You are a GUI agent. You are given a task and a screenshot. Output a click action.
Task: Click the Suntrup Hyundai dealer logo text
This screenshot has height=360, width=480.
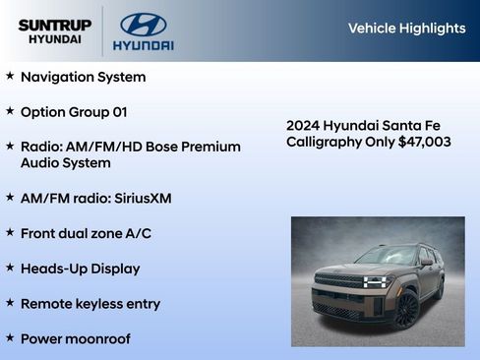pos(54,30)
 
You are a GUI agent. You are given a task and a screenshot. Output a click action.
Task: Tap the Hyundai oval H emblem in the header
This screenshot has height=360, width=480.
pos(144,24)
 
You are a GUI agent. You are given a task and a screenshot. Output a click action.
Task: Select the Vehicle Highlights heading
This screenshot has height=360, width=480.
pos(406,29)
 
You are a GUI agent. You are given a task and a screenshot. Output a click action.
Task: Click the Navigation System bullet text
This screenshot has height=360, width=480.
pos(83,77)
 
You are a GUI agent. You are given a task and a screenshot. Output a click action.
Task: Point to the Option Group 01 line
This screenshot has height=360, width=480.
pos(74,112)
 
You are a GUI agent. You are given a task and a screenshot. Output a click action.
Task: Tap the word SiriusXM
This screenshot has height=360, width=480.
pos(142,198)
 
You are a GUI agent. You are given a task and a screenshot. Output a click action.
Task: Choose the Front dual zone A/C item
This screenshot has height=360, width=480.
pos(86,233)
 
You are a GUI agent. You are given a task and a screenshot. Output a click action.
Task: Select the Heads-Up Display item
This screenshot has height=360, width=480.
pos(80,269)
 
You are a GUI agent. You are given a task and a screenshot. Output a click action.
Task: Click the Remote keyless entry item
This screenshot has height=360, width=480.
pos(90,304)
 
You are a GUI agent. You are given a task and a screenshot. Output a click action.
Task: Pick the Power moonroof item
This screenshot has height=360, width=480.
pos(75,339)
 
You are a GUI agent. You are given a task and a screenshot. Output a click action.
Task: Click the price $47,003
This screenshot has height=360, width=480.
pos(425,142)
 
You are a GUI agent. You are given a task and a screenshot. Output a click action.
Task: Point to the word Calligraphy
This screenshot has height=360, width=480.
pos(324,142)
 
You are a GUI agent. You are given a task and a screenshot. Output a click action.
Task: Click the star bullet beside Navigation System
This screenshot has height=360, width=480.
pos(10,76)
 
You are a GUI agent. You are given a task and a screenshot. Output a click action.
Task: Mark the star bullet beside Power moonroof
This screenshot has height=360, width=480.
pos(10,338)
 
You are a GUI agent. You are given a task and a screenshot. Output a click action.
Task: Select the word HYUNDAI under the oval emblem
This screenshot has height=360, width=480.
pos(144,45)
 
